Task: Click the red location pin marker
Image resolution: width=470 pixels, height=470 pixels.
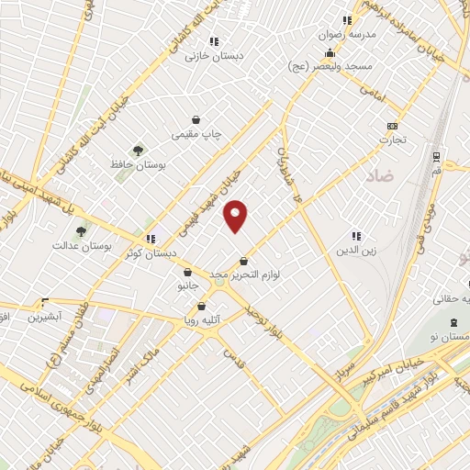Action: click(236, 215)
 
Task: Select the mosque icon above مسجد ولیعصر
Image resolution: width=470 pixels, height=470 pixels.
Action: click(330, 52)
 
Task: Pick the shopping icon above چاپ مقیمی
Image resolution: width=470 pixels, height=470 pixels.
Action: click(196, 119)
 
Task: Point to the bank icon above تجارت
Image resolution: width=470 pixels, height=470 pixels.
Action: click(393, 126)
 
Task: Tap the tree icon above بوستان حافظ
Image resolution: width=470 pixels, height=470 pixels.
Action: click(138, 150)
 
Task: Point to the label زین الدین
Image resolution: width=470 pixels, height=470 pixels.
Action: click(360, 250)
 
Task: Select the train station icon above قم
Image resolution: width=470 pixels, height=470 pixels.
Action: click(435, 156)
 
